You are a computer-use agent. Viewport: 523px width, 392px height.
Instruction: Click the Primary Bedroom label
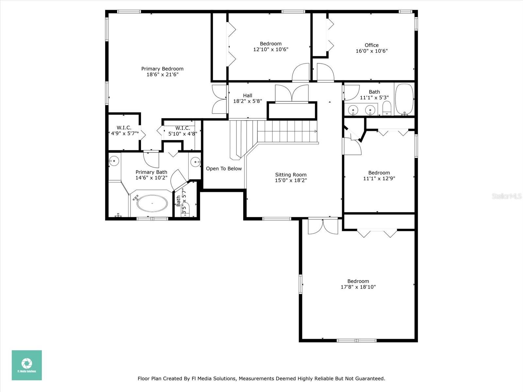tap(162, 69)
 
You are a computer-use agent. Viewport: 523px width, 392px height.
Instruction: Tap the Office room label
tap(371, 45)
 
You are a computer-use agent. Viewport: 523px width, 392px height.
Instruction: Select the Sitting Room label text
tap(291, 175)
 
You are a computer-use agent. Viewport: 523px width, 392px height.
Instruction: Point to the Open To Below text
tap(224, 169)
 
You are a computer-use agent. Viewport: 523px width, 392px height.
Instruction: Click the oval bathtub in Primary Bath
tap(152, 204)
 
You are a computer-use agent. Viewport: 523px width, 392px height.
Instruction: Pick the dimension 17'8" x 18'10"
tap(358, 287)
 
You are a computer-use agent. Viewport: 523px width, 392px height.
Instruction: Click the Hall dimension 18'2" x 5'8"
tap(247, 101)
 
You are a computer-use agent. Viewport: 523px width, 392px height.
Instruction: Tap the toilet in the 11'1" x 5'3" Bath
tap(387, 108)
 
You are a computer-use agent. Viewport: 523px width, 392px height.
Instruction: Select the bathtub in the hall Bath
tap(404, 99)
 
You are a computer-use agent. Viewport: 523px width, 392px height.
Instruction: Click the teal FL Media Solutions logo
tap(27, 365)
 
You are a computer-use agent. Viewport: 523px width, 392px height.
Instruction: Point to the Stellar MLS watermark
tap(507, 196)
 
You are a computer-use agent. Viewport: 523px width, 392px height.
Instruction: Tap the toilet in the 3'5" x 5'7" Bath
tap(185, 210)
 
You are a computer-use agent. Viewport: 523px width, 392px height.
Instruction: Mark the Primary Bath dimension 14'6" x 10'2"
tap(151, 178)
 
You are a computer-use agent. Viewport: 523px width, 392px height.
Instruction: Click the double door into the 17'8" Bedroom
tap(323, 226)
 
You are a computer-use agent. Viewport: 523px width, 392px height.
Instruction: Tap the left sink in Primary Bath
tap(114, 161)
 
